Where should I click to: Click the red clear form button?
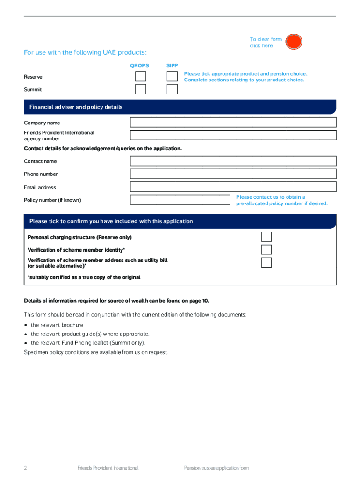[294, 42]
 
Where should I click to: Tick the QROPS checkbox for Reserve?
[141, 76]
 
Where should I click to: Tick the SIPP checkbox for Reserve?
[172, 76]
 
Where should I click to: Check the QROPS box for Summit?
[141, 89]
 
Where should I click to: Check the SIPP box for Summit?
[172, 89]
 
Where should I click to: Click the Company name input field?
[233, 123]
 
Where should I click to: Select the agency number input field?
[233, 136]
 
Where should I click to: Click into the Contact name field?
[233, 161]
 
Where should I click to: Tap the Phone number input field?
[233, 174]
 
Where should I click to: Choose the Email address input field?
[233, 187]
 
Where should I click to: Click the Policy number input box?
[180, 200]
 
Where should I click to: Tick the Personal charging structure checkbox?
[266, 237]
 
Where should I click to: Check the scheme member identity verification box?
[266, 249]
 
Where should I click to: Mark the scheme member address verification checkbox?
[266, 262]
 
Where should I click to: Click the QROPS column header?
[139, 66]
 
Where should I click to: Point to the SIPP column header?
[172, 66]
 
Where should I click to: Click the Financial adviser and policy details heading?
[76, 107]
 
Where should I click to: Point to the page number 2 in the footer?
[26, 468]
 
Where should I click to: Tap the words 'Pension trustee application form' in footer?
[216, 468]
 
